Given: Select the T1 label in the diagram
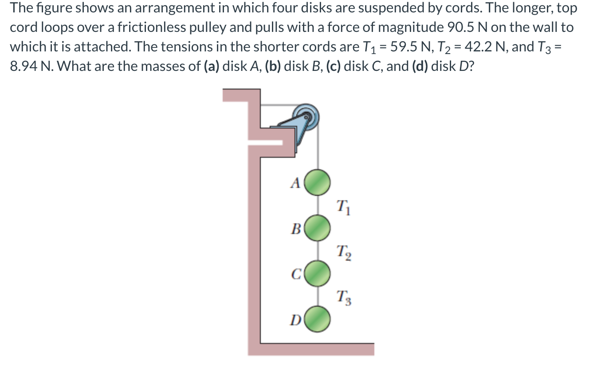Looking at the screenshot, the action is click(x=343, y=207).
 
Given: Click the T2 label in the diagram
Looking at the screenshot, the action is click(x=343, y=253).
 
